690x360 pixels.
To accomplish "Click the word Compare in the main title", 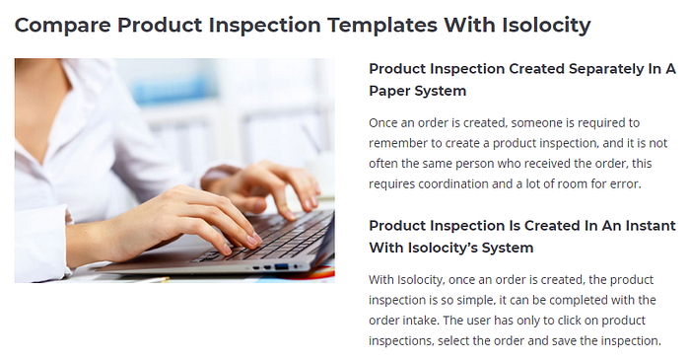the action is tap(62, 25).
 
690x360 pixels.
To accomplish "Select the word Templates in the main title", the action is tap(382, 25).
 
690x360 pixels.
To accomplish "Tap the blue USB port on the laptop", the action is tap(282, 266).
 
